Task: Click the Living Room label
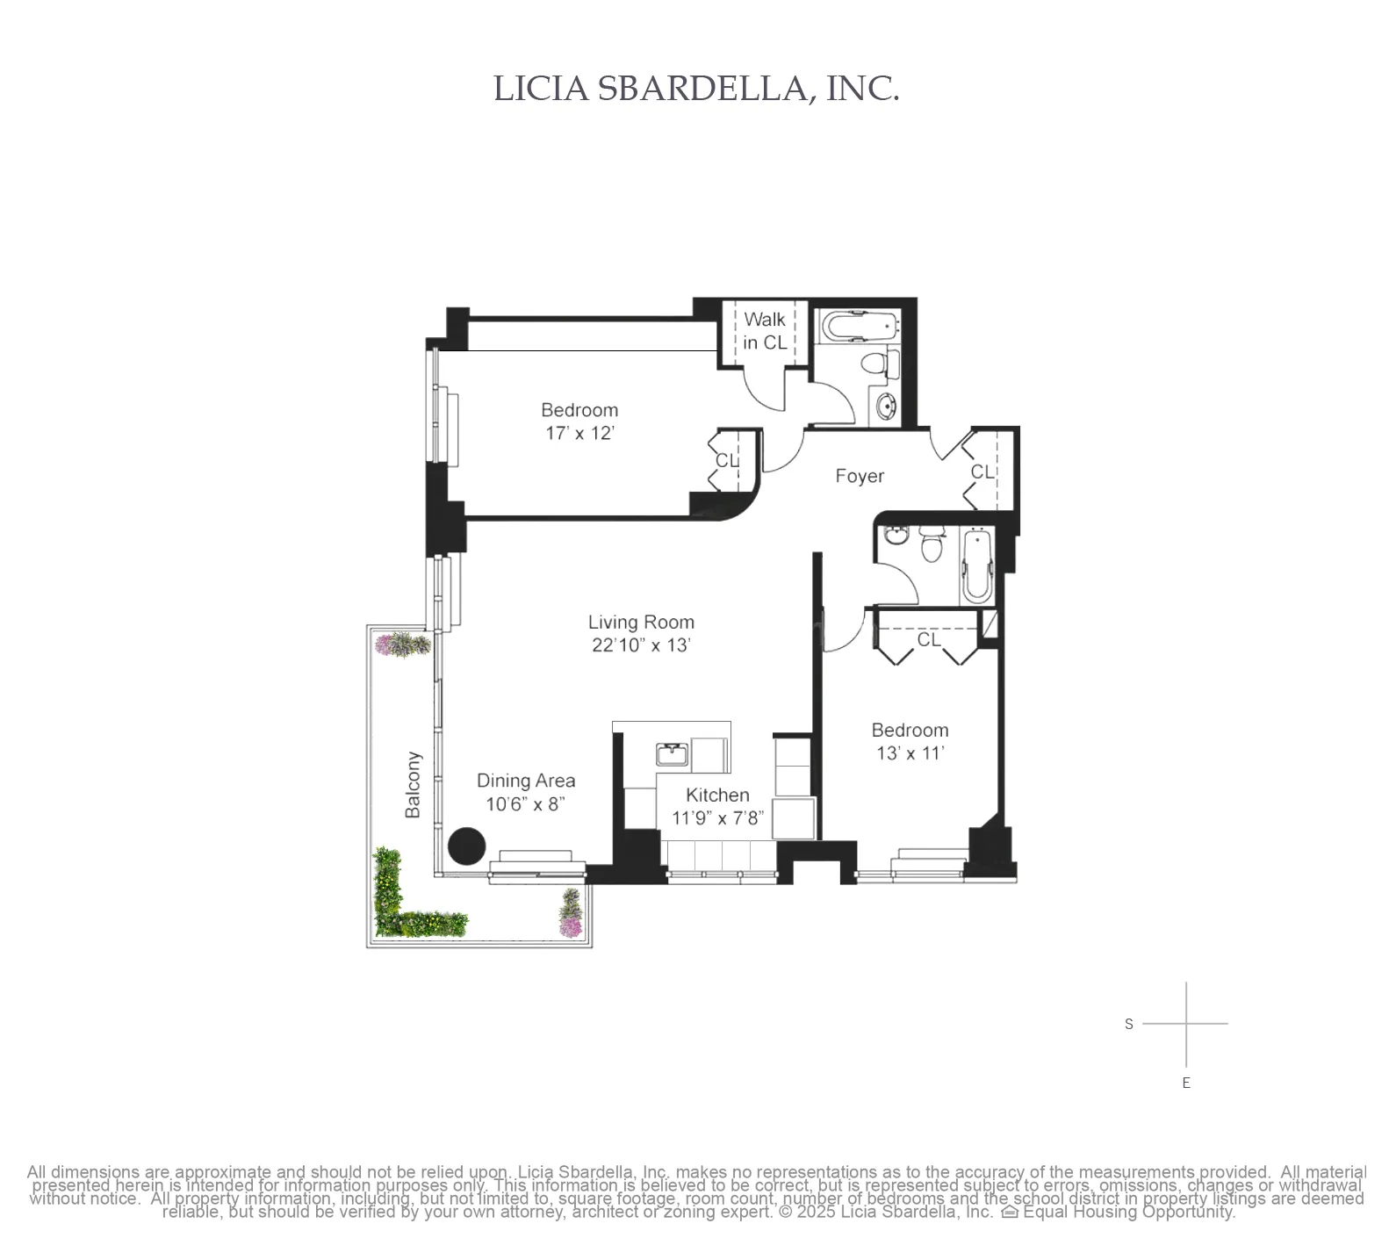pos(641,623)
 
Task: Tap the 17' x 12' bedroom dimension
pos(579,433)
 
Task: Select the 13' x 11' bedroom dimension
pos(910,753)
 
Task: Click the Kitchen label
pos(717,795)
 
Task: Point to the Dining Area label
pos(526,781)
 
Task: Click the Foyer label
pos(859,476)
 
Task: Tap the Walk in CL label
pos(764,331)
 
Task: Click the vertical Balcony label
pos(413,784)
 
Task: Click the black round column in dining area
pos(466,846)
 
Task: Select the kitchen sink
pos(673,753)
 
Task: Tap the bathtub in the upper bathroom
pos(860,328)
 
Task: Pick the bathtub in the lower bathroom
pos(976,566)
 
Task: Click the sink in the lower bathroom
pos(896,536)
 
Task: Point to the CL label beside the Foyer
pos(982,472)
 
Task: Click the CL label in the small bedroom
pos(928,639)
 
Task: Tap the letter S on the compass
pos(1129,1024)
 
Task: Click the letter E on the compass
pos(1186,1083)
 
